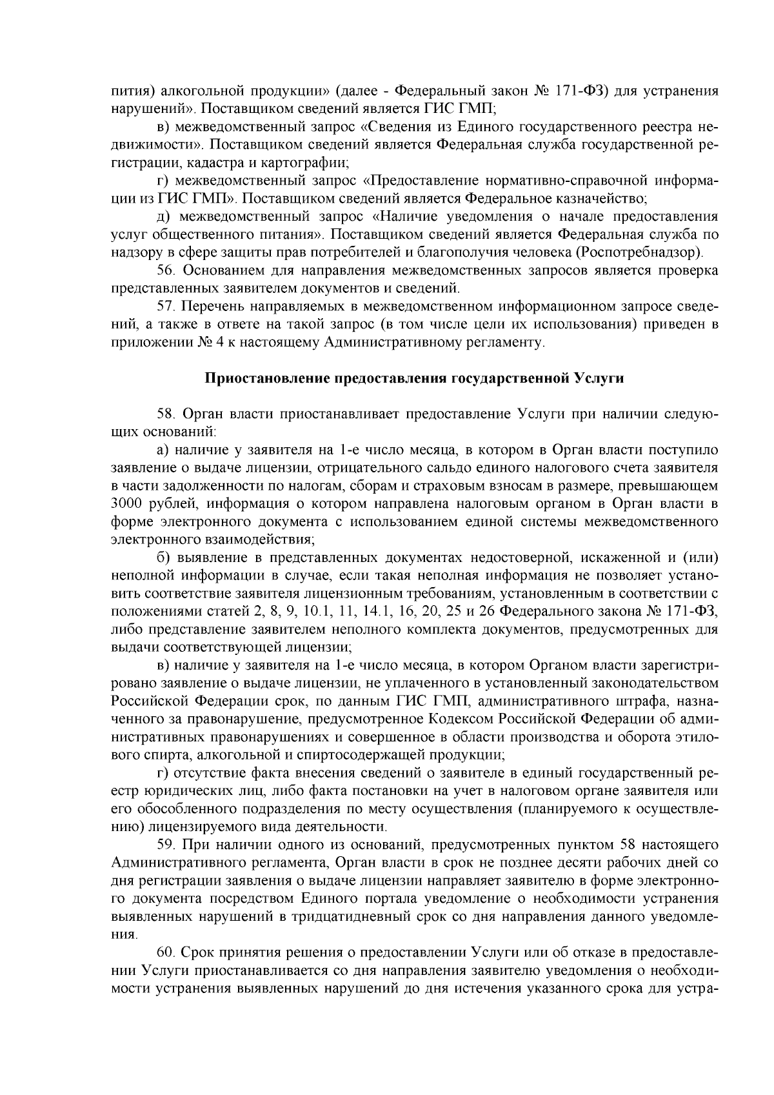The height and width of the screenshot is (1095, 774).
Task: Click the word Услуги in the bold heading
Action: [600, 378]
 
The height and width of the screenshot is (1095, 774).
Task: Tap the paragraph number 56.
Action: [166, 270]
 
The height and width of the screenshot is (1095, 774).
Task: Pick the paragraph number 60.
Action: [166, 952]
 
